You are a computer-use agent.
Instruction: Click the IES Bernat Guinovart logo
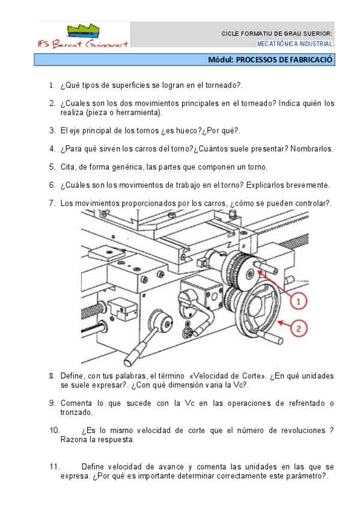click(83, 35)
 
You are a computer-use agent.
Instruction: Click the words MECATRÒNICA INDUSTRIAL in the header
click(294, 43)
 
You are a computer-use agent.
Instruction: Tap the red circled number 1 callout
click(298, 301)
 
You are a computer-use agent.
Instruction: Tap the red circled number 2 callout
click(299, 328)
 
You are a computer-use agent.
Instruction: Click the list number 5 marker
click(52, 167)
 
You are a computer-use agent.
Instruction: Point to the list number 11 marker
click(55, 467)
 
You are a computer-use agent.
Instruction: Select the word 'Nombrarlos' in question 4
click(311, 149)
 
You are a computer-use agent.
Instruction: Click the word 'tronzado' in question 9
click(76, 413)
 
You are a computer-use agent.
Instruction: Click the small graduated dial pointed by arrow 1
click(242, 271)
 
